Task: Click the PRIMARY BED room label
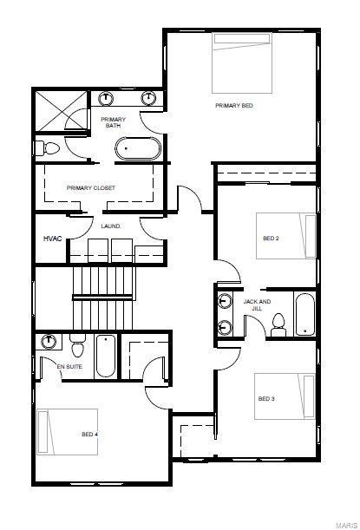234,105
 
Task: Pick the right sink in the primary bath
148,97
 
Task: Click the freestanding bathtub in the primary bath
138,149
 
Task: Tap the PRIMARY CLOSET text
91,187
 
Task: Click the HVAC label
52,239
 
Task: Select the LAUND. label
111,226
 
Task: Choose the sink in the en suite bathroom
49,340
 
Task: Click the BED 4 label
89,434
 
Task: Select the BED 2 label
271,238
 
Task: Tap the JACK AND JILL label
257,304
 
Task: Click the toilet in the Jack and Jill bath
278,324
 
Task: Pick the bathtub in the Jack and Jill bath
305,315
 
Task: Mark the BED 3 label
266,399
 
